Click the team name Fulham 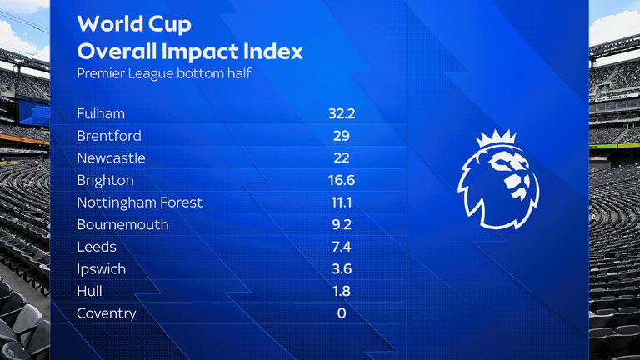(101, 113)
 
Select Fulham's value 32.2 (342, 113)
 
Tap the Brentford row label (109, 136)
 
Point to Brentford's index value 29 (342, 136)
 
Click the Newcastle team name (111, 158)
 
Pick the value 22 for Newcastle (342, 158)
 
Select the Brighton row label (105, 180)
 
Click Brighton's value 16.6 (342, 180)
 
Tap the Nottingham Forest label (140, 202)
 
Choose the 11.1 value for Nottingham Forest (342, 202)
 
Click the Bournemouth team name (122, 224)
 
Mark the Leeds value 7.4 (342, 247)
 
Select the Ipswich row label (101, 269)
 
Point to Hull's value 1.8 (342, 291)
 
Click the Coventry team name (107, 313)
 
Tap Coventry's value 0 (342, 313)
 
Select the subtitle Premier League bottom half (164, 73)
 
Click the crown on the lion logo (497, 138)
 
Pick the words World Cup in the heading (134, 24)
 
